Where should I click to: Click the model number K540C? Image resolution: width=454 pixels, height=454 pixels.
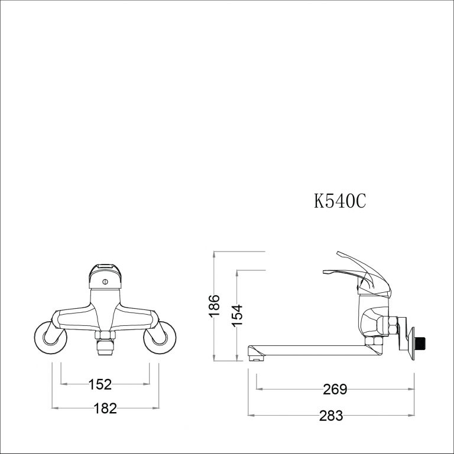pyautogui.click(x=340, y=201)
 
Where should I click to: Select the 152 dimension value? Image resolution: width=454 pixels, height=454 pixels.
pyautogui.click(x=100, y=384)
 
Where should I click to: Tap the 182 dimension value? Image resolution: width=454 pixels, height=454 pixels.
pyautogui.click(x=105, y=407)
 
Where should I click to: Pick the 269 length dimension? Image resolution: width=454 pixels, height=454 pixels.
pyautogui.click(x=335, y=390)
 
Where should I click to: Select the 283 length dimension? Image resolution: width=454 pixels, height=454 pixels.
pyautogui.click(x=331, y=416)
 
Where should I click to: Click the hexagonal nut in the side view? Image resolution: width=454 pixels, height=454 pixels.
pyautogui.click(x=390, y=326)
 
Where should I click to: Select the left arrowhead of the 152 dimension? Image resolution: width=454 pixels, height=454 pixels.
pyautogui.click(x=63, y=384)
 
